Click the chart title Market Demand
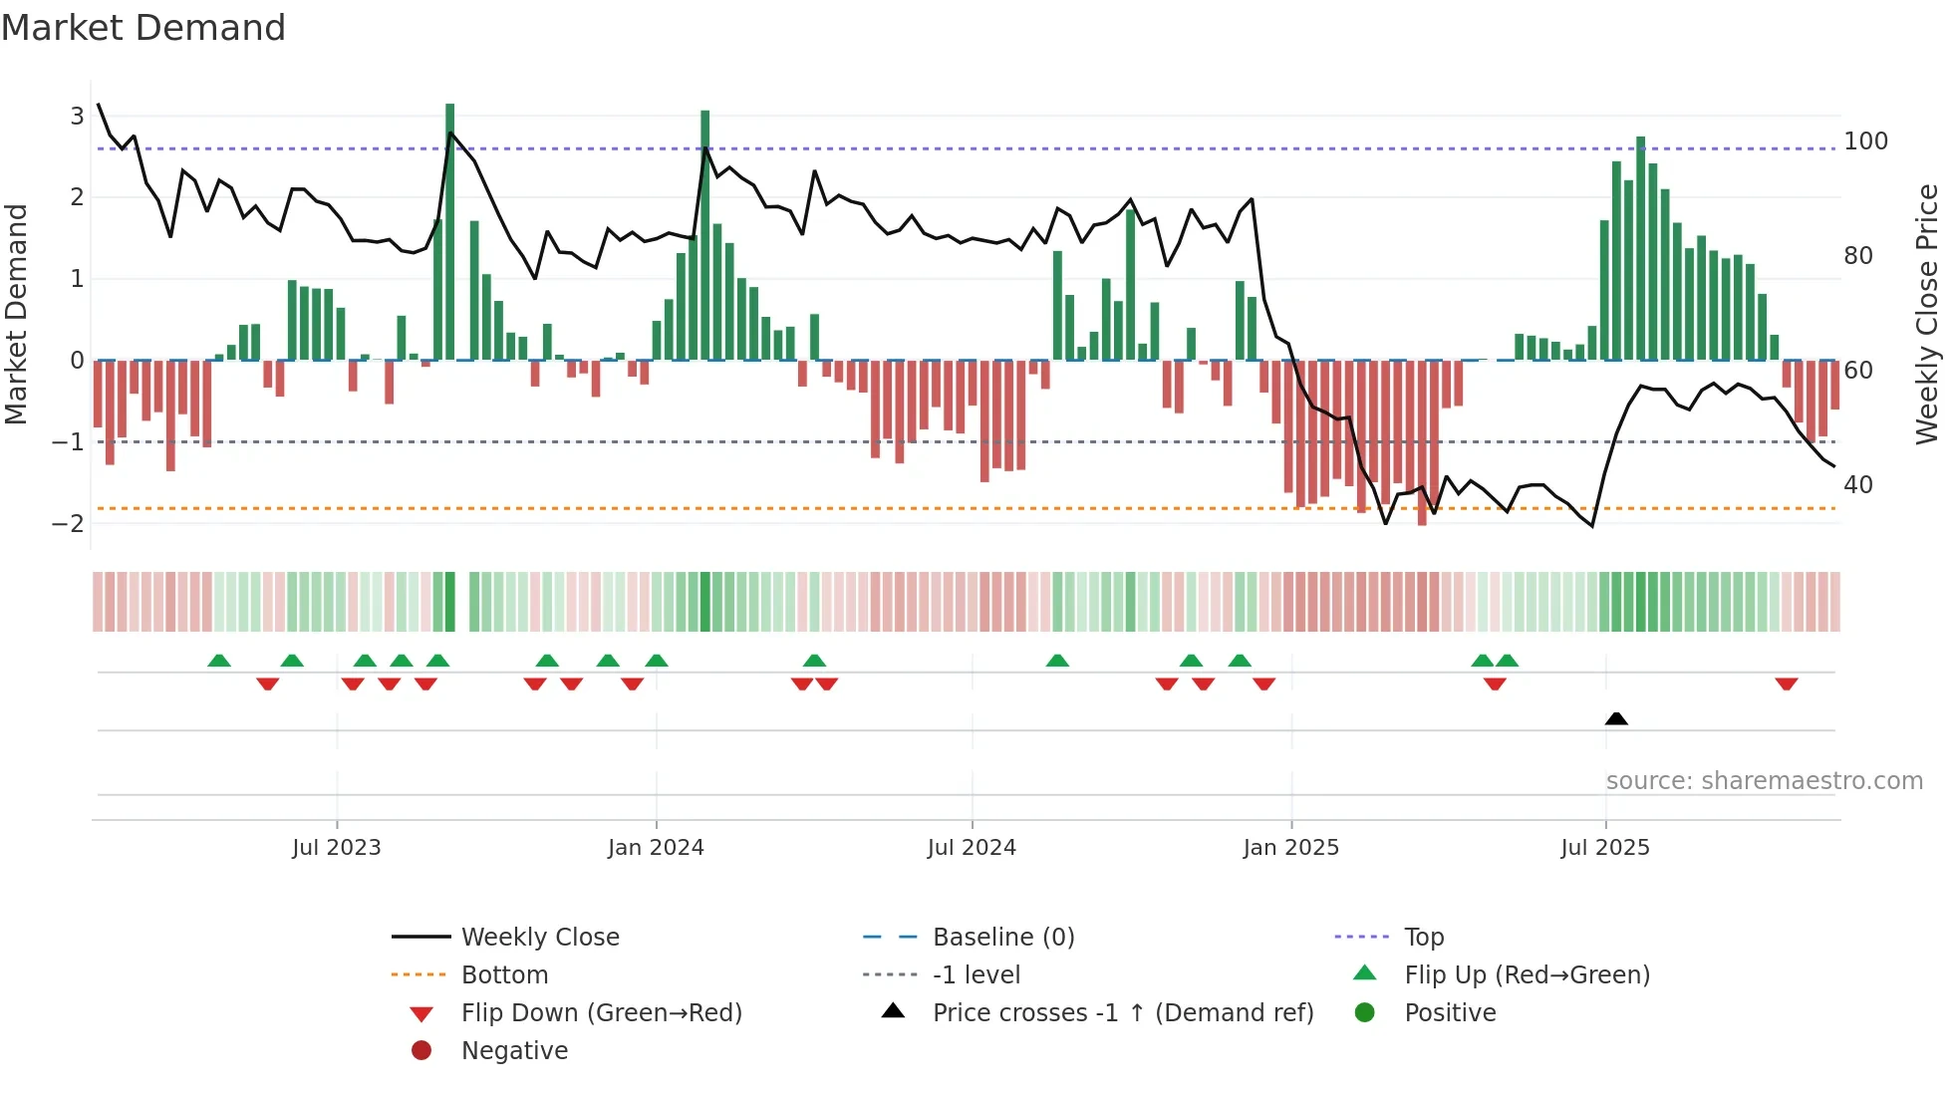point(143,28)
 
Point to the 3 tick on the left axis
point(77,117)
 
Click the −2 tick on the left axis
point(69,523)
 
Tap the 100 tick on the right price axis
point(1865,141)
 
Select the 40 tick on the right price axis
point(1857,485)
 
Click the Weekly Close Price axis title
point(1926,314)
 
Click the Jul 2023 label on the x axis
point(337,848)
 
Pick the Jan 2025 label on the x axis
point(1290,848)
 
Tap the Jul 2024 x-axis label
point(972,848)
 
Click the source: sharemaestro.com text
point(1764,781)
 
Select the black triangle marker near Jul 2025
point(1616,719)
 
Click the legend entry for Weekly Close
point(539,938)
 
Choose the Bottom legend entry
point(504,975)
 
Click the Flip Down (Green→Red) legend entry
point(601,1013)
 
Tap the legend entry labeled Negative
point(514,1051)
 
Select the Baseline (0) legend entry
point(1002,938)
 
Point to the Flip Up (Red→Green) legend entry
point(1527,975)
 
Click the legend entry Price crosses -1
point(1122,1013)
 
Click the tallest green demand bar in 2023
point(450,231)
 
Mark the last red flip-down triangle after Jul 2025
point(1786,685)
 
